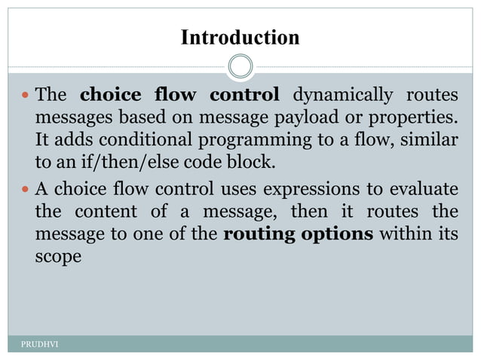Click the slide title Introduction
point(240,37)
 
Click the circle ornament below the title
point(240,66)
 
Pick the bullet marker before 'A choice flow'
point(26,188)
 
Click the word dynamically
point(342,96)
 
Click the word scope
point(58,257)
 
